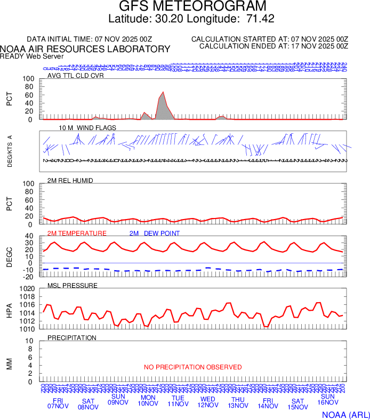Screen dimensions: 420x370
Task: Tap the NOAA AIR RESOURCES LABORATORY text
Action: (85, 49)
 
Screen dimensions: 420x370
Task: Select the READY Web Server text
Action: (32, 56)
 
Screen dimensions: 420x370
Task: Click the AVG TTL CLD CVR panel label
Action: (75, 75)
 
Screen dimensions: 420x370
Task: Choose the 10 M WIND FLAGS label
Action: (87, 128)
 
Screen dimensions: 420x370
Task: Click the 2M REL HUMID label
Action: (70, 181)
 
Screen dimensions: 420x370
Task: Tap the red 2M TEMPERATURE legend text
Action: (77, 233)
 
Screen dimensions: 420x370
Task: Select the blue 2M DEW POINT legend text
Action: (154, 233)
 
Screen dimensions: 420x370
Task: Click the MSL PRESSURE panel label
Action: (73, 286)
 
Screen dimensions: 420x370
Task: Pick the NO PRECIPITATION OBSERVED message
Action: (192, 367)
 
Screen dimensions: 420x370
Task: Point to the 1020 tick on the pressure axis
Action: (27, 289)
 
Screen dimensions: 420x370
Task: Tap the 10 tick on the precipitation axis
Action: (30, 341)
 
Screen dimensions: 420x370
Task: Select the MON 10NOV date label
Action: (148, 400)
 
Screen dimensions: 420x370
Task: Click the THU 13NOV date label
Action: (238, 403)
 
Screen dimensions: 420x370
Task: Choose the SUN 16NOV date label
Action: (327, 400)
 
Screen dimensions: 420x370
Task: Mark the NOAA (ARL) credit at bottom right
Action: (345, 414)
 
